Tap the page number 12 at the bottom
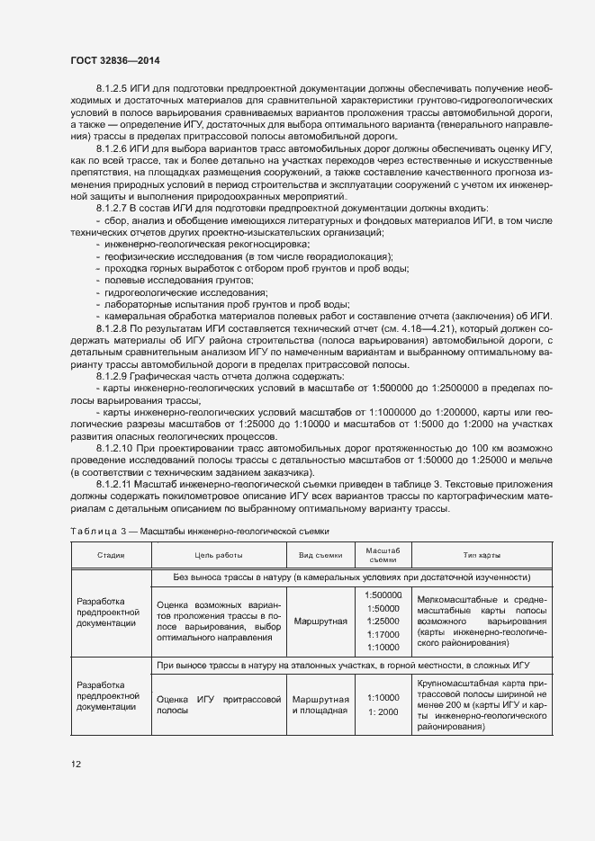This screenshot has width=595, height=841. point(77,764)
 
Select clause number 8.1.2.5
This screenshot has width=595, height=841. point(113,90)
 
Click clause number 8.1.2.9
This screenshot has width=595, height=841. point(113,374)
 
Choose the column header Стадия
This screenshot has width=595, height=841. point(111,555)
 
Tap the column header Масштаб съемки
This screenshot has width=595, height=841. point(383,555)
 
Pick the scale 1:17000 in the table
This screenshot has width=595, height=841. point(383,634)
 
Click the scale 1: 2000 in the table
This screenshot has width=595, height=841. point(383,711)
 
